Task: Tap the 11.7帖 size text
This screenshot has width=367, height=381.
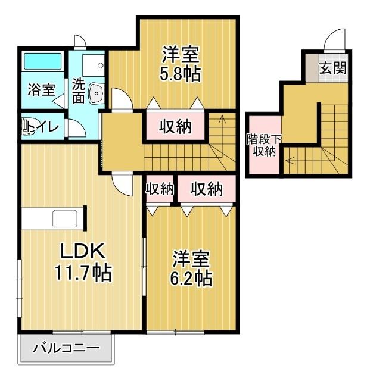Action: click(x=82, y=273)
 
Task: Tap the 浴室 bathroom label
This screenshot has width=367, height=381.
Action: click(x=42, y=90)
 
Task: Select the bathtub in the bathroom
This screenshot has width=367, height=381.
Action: click(x=42, y=63)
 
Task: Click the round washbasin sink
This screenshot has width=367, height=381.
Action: click(x=96, y=92)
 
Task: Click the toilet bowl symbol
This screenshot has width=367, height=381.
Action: click(x=27, y=127)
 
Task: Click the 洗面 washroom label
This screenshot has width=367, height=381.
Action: click(x=79, y=90)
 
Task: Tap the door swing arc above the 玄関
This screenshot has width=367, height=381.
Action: click(x=334, y=40)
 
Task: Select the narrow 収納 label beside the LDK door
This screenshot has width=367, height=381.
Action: click(x=159, y=189)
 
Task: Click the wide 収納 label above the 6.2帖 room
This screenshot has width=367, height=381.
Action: click(x=206, y=189)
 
